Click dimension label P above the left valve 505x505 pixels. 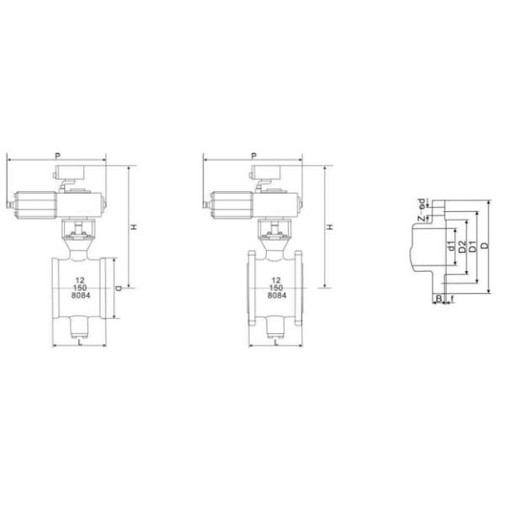[56, 155]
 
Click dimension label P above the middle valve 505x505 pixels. [253, 155]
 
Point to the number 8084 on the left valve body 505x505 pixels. [80, 296]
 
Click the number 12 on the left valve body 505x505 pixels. [80, 279]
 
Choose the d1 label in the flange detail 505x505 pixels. [452, 247]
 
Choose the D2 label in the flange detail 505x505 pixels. [462, 247]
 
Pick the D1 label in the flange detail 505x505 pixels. [473, 247]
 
